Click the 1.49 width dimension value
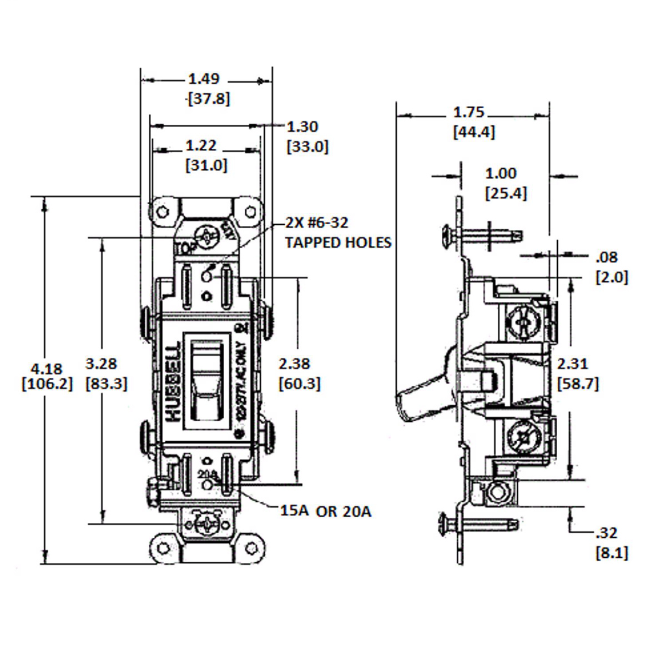(x=204, y=79)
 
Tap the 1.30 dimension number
(x=302, y=127)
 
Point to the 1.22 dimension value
(x=201, y=146)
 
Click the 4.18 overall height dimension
(x=47, y=369)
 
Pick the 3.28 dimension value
(x=102, y=364)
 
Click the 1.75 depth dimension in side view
(x=469, y=113)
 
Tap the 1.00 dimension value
(x=501, y=174)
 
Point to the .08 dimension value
(x=606, y=258)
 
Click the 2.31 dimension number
(x=572, y=364)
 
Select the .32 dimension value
(x=606, y=533)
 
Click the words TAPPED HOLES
(x=339, y=243)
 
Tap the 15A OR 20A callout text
(x=325, y=511)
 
